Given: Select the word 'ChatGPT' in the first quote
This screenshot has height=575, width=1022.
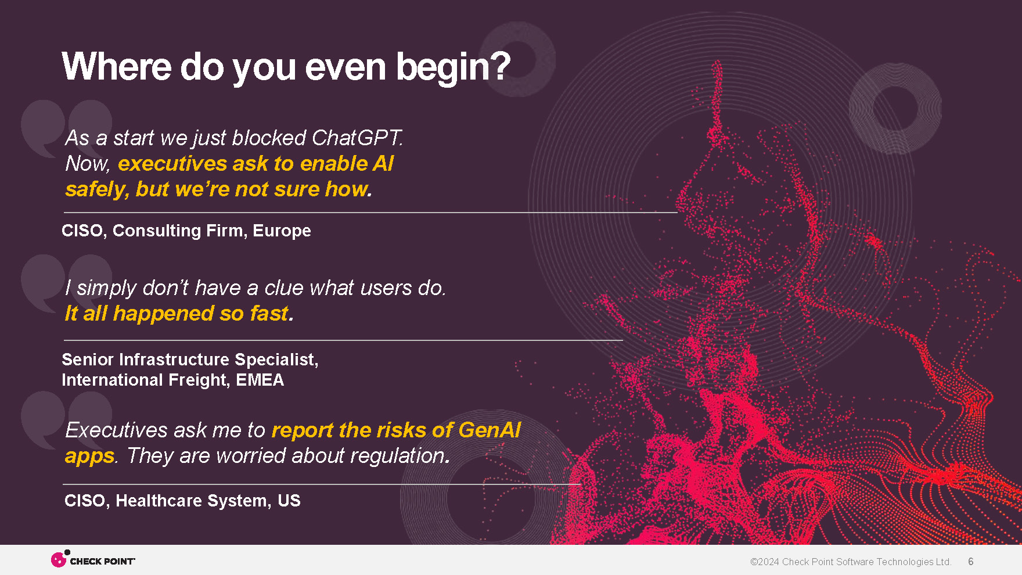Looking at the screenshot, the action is pos(357,138).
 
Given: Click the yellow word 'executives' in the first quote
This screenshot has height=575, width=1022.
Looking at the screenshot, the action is pos(172,164).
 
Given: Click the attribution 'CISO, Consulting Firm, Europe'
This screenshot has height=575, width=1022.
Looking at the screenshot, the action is pos(186,231).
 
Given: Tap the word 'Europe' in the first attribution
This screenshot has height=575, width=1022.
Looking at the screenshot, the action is pos(282,231).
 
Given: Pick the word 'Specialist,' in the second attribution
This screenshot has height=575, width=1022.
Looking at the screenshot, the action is pos(276,360).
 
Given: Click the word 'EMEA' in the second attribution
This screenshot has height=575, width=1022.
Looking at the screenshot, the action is pos(260,380).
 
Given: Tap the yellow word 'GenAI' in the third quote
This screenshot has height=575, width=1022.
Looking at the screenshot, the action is pos(490,430).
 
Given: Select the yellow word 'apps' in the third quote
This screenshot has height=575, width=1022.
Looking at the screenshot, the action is pos(89,457).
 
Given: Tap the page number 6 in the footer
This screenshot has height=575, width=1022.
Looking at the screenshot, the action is pos(970,562).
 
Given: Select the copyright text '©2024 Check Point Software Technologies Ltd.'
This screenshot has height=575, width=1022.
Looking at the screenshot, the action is pos(851,562).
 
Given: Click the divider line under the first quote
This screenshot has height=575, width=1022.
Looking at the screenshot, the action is pos(370,213).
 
